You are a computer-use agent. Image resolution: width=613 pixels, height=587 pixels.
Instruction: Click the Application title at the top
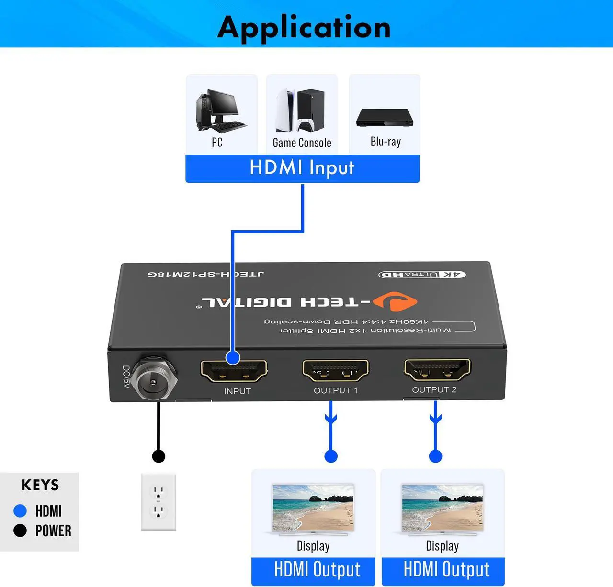pos(304,27)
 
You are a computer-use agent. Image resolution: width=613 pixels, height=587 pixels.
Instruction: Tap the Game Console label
pos(302,143)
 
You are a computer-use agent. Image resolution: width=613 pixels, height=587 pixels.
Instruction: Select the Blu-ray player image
pos(385,118)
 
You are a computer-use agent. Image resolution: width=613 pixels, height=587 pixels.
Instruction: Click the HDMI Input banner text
pos(302,168)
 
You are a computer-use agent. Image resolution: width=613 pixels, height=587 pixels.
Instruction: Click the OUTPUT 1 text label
pos(335,390)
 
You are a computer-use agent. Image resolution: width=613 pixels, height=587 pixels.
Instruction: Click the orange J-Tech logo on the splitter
pos(395,301)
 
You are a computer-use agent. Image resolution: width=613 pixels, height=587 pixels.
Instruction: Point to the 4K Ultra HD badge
pos(422,274)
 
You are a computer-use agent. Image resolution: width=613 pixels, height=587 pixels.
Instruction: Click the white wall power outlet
pos(159,502)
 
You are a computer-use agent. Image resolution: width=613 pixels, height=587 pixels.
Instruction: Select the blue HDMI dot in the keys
pos(20,511)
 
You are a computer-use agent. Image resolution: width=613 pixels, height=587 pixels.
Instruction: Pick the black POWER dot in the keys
pos(20,531)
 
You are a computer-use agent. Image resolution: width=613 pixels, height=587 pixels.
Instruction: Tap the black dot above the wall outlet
pos(159,456)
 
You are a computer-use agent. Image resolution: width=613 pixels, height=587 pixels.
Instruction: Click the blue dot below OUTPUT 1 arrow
pos(331,456)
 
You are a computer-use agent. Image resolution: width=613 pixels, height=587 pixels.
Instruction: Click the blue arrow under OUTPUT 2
pos(435,417)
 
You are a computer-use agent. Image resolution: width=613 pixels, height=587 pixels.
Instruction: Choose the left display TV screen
pos(313,507)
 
